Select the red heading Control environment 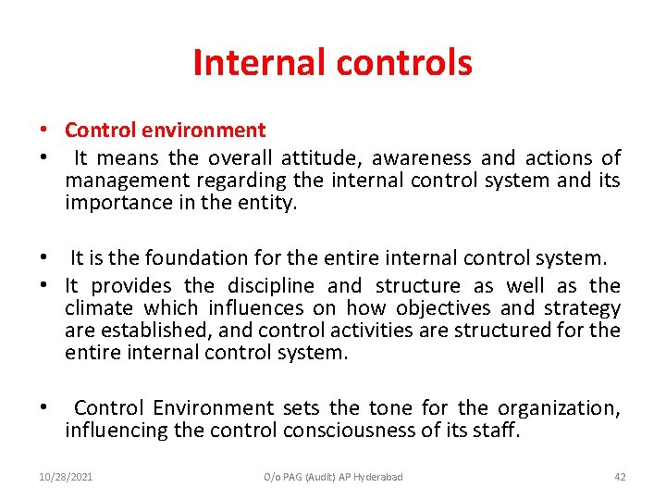165,131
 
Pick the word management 119,181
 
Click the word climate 96,308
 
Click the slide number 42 619,477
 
